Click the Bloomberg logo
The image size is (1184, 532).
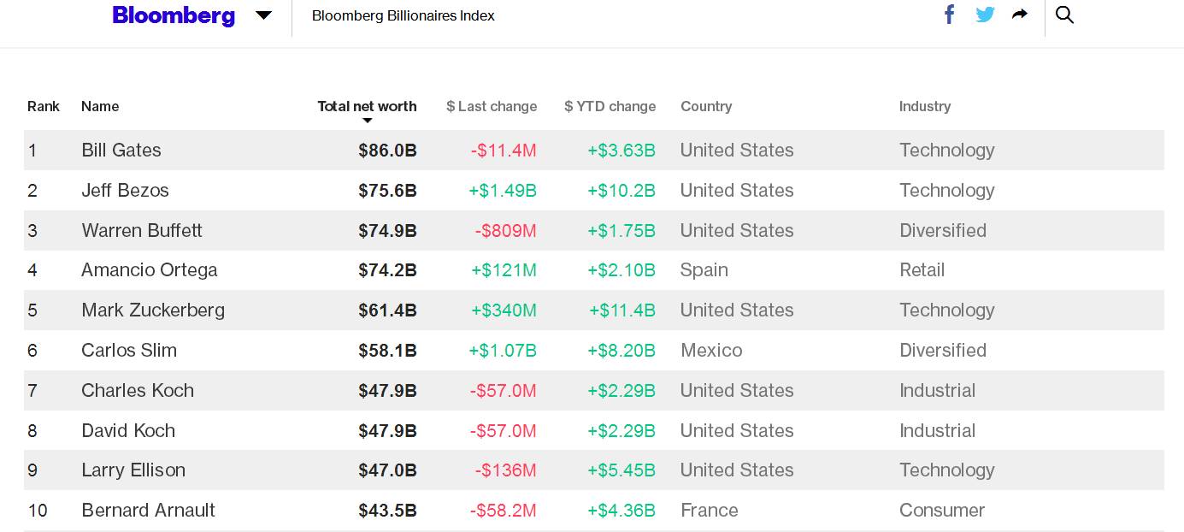tap(174, 15)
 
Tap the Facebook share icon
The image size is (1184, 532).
tap(949, 15)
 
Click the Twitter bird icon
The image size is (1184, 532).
tap(985, 15)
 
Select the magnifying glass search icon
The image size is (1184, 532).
tap(1064, 15)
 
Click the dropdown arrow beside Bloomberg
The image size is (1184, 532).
tap(263, 15)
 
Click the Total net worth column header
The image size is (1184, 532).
tap(367, 106)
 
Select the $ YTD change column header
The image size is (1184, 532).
tap(610, 106)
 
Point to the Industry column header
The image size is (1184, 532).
tap(925, 106)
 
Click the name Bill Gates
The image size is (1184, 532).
tap(121, 151)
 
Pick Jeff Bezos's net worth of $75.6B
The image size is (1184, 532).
tap(387, 191)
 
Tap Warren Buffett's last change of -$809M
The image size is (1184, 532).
tap(505, 231)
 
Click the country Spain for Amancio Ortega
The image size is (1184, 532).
tap(704, 270)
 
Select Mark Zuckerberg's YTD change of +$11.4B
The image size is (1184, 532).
tap(622, 310)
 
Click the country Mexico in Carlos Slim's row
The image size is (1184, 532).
tap(711, 350)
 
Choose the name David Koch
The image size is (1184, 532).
tap(128, 430)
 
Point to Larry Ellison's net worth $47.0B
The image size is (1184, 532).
tap(387, 470)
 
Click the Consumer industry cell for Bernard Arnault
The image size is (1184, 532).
tap(942, 511)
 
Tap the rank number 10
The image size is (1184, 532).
tap(38, 511)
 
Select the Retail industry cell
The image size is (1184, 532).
tap(922, 270)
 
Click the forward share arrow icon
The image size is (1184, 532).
tap(1020, 15)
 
